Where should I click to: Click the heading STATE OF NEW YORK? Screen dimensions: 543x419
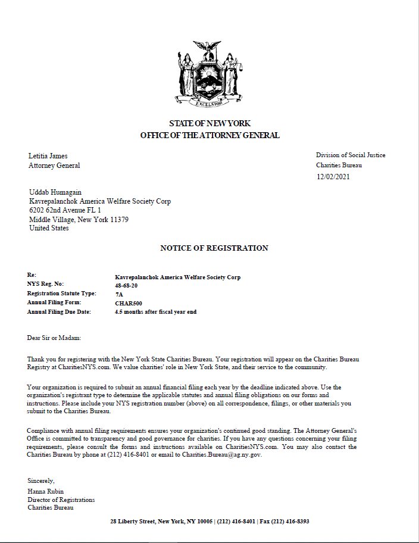(x=209, y=123)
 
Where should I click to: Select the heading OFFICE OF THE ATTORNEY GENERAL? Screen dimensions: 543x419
(x=209, y=135)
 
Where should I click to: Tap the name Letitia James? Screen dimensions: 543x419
(x=48, y=156)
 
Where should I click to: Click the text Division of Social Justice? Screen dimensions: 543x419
(x=351, y=155)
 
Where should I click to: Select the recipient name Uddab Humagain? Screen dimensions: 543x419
(x=55, y=192)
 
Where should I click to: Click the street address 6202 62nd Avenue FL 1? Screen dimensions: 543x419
(x=65, y=210)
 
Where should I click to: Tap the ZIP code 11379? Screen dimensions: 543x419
(x=118, y=219)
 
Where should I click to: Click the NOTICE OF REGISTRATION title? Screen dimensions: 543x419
(x=214, y=248)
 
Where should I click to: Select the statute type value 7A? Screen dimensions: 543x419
(x=119, y=294)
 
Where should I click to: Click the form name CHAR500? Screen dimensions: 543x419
(x=128, y=303)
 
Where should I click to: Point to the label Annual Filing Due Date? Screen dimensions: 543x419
(x=59, y=311)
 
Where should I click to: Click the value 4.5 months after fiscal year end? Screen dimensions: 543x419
(x=155, y=311)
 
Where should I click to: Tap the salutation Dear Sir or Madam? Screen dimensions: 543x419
(x=54, y=338)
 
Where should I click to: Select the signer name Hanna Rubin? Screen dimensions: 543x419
(x=46, y=491)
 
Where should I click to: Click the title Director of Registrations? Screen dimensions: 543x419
(x=61, y=500)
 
